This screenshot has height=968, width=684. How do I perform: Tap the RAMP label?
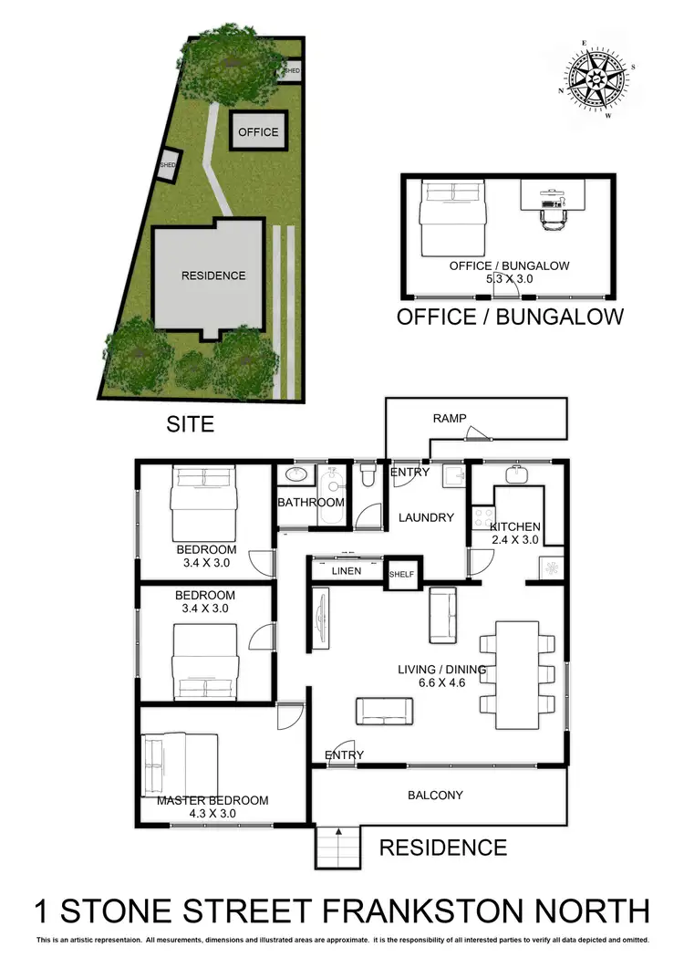[451, 419]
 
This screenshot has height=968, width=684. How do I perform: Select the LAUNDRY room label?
[426, 517]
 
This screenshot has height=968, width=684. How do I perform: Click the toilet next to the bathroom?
[368, 474]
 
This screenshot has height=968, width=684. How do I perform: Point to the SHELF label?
[401, 574]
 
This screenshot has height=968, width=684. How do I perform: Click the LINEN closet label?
[347, 571]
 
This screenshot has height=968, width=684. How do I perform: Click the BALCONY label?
[435, 795]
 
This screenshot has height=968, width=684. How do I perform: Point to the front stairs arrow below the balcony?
[338, 832]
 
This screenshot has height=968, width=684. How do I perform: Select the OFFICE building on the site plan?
[258, 132]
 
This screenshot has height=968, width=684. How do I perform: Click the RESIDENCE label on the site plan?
[213, 276]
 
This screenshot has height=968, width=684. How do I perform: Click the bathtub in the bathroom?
[330, 498]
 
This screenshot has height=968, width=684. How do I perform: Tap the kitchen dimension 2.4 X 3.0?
[515, 540]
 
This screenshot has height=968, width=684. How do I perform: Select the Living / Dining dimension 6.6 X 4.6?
[441, 682]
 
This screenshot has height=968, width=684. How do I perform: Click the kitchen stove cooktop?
[481, 519]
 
